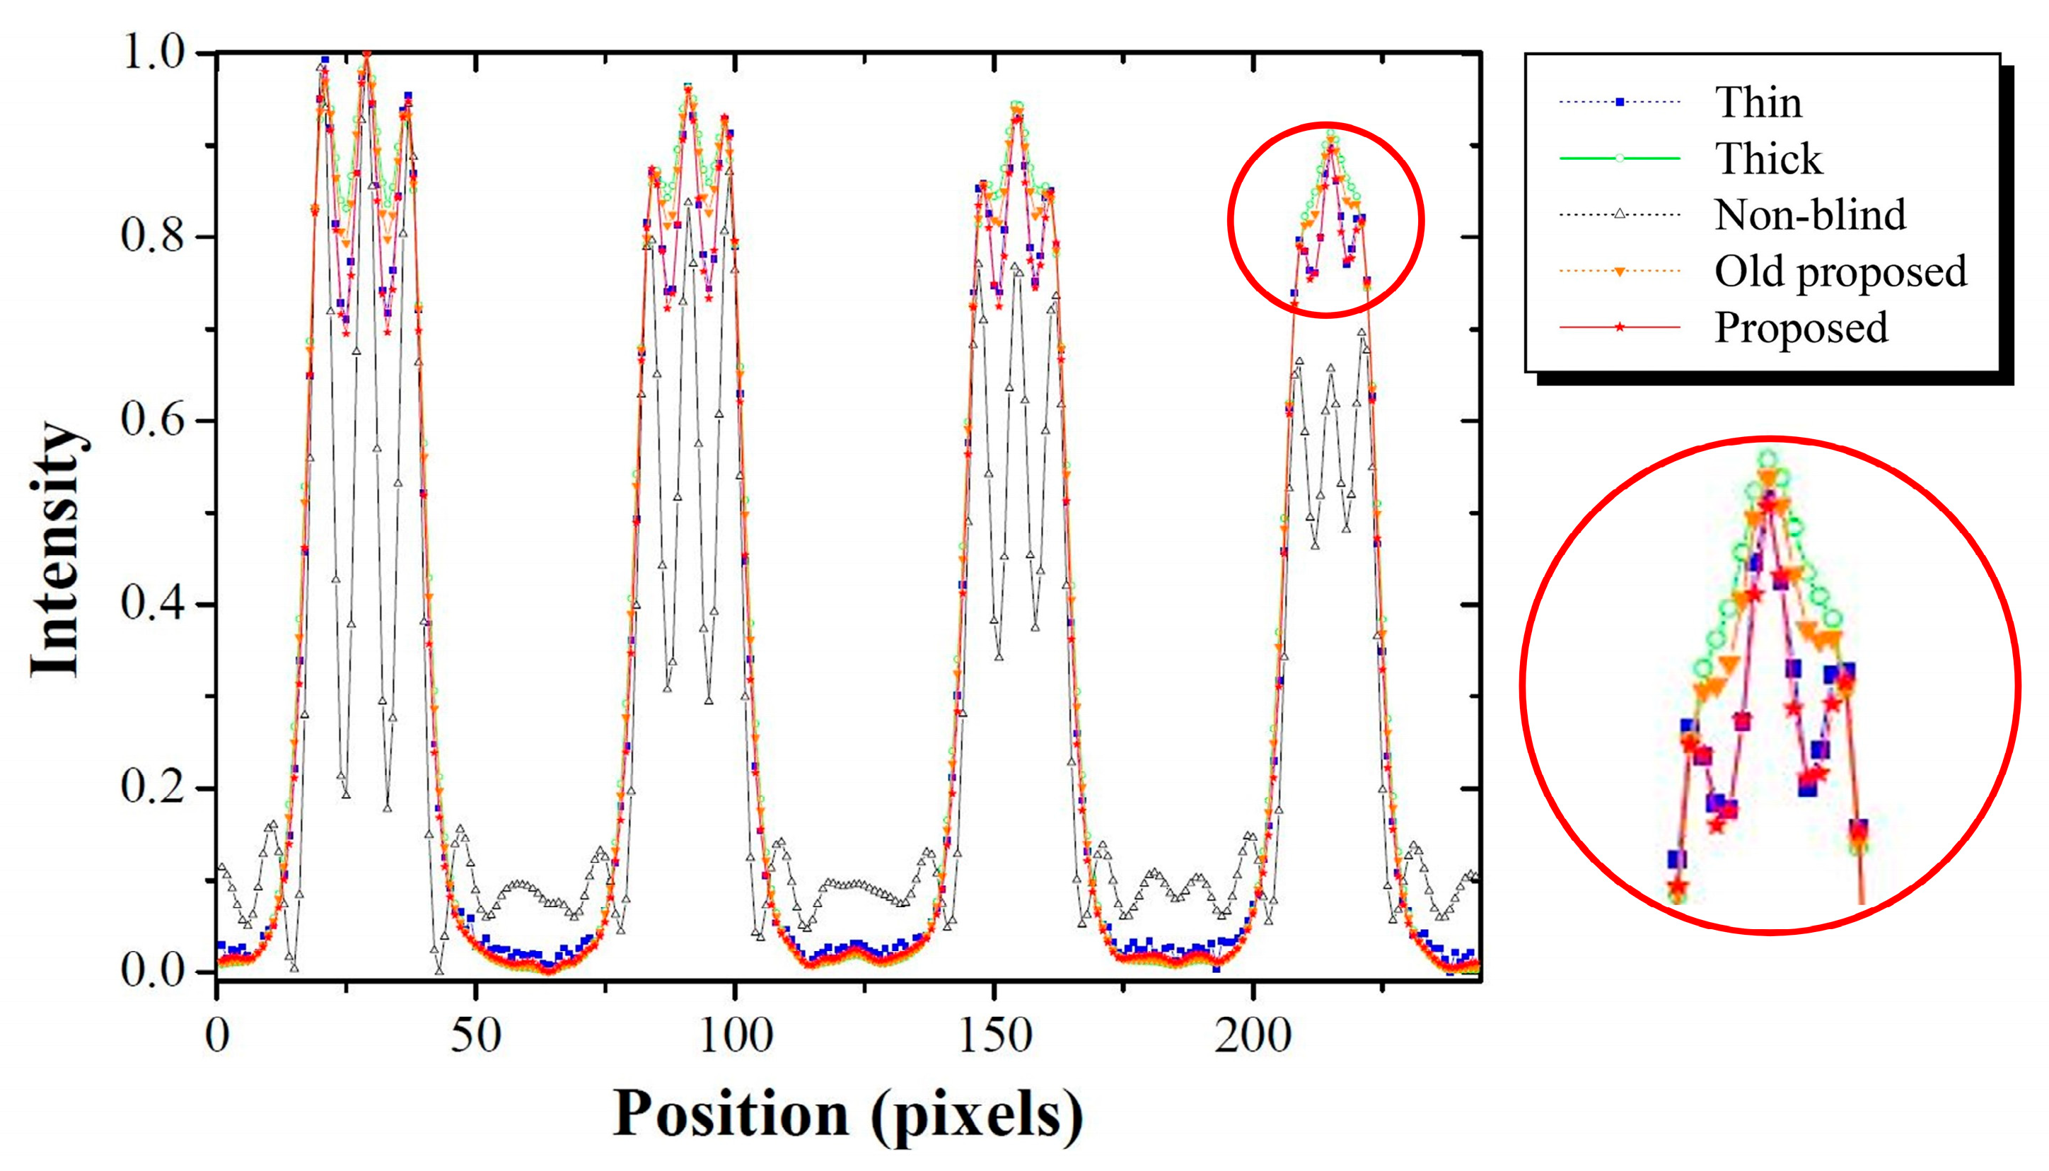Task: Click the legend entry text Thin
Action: (x=1758, y=102)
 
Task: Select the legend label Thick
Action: (x=1768, y=158)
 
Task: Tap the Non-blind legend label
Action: (x=1809, y=215)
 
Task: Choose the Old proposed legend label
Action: (x=1840, y=271)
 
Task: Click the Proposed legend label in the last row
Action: (x=1801, y=327)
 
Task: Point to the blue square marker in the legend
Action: (x=1620, y=102)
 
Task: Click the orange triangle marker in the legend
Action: (x=1620, y=272)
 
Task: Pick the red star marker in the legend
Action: (x=1620, y=327)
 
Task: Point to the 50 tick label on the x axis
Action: (x=475, y=1036)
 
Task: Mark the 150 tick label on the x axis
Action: (x=995, y=1036)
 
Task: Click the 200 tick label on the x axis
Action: (x=1253, y=1036)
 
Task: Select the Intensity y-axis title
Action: (x=57, y=549)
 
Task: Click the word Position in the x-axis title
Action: (x=731, y=1114)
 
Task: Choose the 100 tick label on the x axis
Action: (x=736, y=1036)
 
